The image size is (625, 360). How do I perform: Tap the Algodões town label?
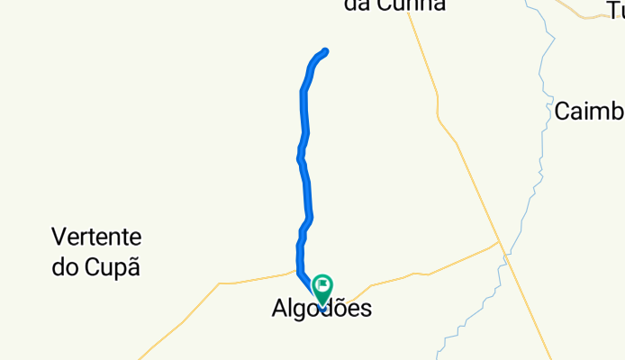(321, 309)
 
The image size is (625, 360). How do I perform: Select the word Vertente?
(96, 238)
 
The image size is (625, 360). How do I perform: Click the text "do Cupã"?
(96, 267)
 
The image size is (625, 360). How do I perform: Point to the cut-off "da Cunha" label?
(394, 5)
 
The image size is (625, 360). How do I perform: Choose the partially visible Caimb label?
(589, 111)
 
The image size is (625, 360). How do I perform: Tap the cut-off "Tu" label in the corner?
(616, 10)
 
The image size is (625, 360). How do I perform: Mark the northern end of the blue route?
(325, 51)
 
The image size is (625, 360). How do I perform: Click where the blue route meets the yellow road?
(298, 270)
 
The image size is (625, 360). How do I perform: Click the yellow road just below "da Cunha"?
(420, 36)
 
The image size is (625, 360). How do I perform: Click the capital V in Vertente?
(59, 238)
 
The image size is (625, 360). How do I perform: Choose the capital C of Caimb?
(562, 111)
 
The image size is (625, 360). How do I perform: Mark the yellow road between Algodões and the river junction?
(423, 271)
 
